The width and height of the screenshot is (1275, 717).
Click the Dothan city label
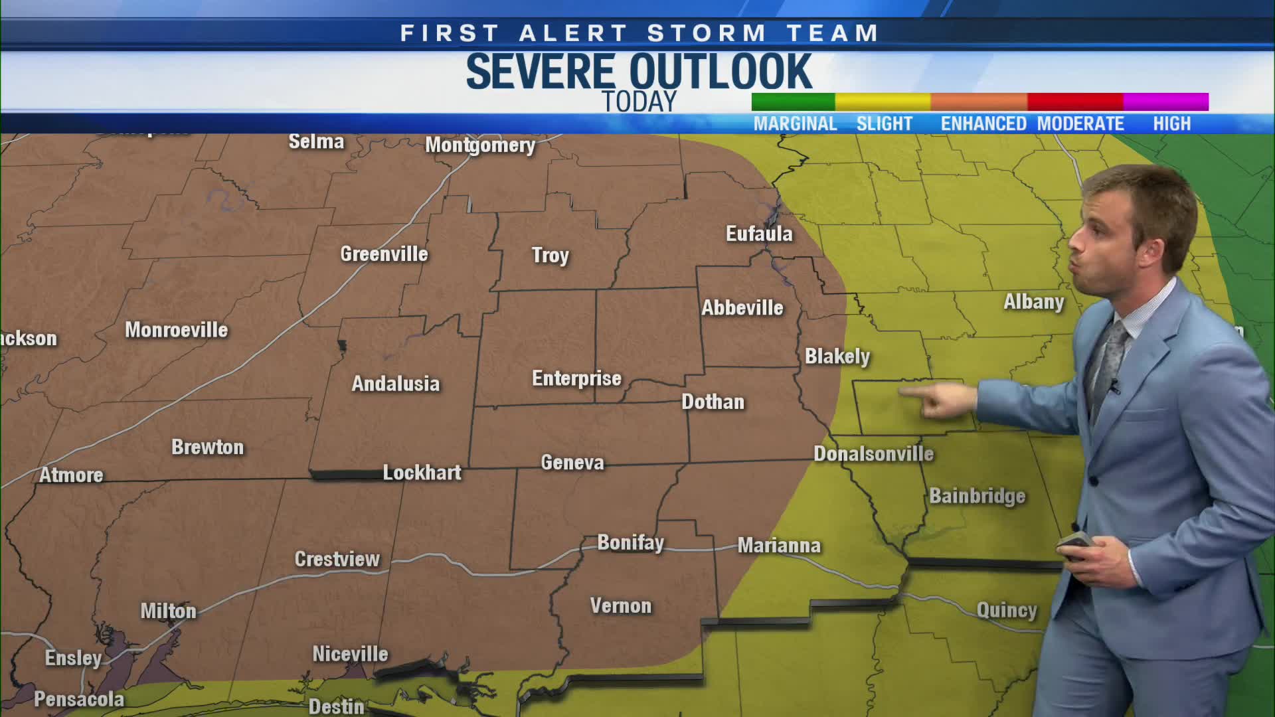click(x=713, y=402)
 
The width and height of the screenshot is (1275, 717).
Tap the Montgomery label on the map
click(x=480, y=145)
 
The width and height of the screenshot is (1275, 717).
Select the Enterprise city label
click(x=576, y=378)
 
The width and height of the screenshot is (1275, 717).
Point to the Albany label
click(x=1033, y=302)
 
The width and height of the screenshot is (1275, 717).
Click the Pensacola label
click(x=79, y=699)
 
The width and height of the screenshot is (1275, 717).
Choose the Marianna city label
click(x=779, y=546)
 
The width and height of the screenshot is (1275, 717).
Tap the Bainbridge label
click(x=977, y=496)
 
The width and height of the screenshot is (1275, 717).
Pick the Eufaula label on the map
click(x=759, y=234)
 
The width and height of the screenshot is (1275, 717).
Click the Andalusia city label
click(x=395, y=384)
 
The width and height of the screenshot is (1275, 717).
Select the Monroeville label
click(x=176, y=330)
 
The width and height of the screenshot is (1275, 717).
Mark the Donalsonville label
click(x=873, y=454)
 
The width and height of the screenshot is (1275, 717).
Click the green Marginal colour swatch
click(x=793, y=102)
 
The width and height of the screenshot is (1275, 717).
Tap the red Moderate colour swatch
click(x=1075, y=102)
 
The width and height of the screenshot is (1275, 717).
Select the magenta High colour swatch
click(x=1165, y=102)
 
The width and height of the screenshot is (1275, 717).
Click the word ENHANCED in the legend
click(x=983, y=124)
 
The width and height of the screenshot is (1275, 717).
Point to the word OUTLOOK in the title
click(x=721, y=72)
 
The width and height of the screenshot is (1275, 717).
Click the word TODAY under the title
click(x=639, y=102)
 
